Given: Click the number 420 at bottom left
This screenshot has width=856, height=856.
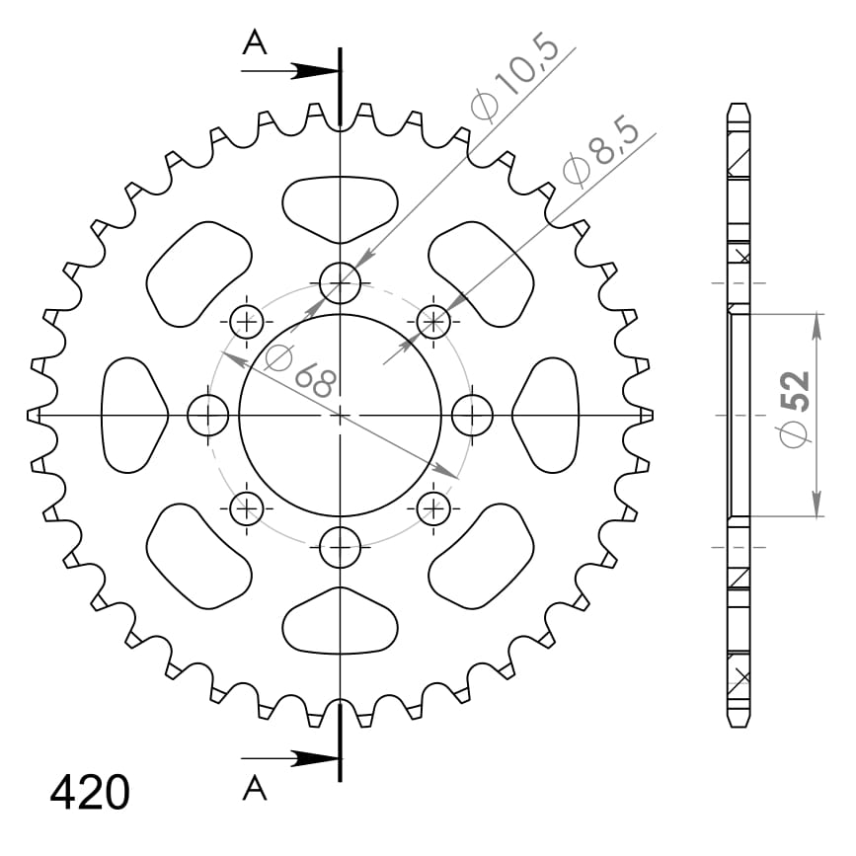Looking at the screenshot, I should [90, 793].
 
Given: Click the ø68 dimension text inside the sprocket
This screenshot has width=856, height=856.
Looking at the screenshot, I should [300, 369].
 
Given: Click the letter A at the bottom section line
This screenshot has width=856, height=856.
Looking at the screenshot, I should [255, 788].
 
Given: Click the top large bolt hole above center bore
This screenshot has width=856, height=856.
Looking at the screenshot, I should [341, 284].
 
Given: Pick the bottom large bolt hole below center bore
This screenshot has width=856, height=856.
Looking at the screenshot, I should [341, 547].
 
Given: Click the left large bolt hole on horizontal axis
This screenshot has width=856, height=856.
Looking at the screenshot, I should [207, 416].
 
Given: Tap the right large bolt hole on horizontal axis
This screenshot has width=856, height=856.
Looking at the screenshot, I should [472, 416].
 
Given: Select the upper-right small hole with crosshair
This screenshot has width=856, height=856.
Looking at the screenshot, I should [433, 321].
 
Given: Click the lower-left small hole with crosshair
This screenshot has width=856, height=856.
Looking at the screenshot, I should [246, 508].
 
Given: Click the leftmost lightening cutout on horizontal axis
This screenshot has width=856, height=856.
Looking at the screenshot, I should [132, 416].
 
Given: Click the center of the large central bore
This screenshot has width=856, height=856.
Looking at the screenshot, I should [341, 416].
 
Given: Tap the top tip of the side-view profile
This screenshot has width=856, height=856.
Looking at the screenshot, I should [736, 103].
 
